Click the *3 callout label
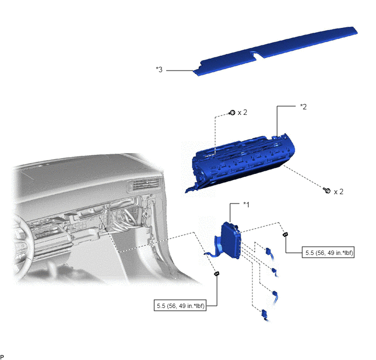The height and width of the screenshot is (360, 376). (159, 69)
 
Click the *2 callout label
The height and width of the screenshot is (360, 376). (303, 107)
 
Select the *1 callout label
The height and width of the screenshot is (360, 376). (246, 205)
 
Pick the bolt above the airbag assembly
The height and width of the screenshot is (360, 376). (232, 112)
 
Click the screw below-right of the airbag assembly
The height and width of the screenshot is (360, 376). (327, 190)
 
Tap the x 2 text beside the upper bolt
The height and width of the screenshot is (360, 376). (242, 112)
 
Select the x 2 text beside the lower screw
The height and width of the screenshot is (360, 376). (338, 191)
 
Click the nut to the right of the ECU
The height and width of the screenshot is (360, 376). (285, 234)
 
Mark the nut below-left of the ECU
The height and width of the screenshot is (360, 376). (217, 274)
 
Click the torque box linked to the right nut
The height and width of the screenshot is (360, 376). (328, 252)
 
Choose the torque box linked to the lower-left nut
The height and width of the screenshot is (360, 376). (180, 306)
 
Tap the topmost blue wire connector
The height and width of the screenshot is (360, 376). (269, 252)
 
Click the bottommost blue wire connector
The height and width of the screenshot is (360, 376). (265, 315)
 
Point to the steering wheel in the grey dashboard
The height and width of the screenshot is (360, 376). (23, 242)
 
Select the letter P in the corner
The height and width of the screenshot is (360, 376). (2, 357)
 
